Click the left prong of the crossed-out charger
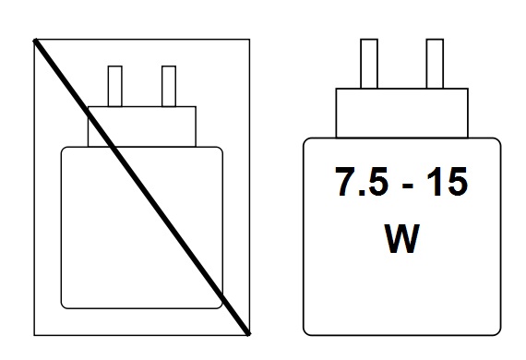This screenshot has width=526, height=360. point(116,86)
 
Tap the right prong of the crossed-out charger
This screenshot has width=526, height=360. point(168,86)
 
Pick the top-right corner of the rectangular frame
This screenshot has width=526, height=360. point(249,39)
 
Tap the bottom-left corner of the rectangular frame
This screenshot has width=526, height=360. point(34,333)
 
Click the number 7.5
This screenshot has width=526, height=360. point(359,184)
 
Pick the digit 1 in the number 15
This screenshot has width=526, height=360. point(432,184)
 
